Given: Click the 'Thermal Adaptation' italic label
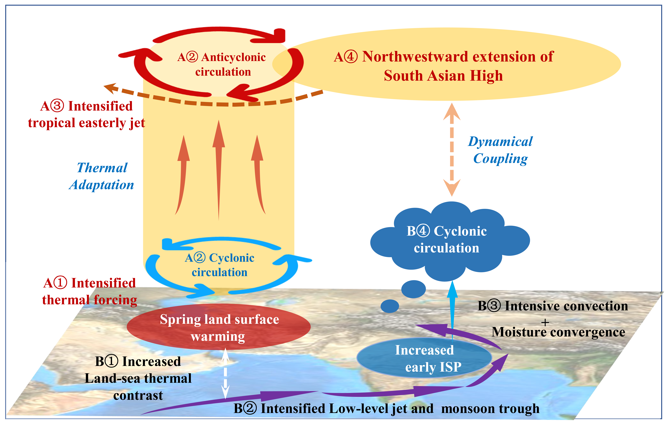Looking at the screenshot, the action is [101, 176].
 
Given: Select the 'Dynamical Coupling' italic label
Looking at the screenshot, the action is [500, 150].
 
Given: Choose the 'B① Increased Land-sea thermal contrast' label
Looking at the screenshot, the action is [138, 378].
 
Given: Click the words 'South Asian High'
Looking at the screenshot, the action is [443, 76].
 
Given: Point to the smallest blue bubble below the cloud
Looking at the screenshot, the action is [390, 306].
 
